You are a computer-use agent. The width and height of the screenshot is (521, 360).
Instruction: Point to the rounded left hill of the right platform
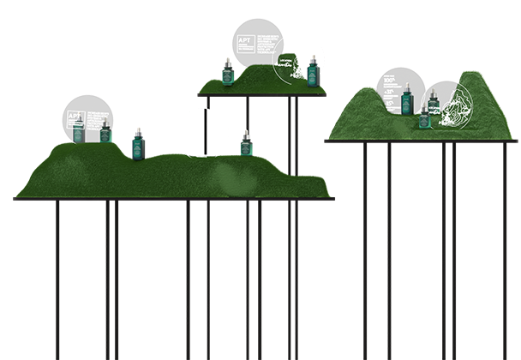click(360, 107)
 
